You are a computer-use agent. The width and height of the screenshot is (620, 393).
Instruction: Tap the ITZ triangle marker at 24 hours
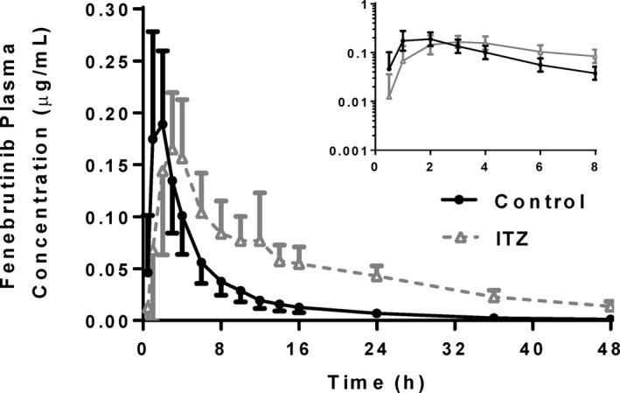[x=377, y=276]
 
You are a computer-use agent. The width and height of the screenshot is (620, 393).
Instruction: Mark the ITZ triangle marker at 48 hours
[x=609, y=306]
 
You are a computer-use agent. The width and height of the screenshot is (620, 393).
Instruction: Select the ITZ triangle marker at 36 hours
[x=493, y=297]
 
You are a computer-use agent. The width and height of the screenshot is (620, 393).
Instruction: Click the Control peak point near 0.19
[x=163, y=124]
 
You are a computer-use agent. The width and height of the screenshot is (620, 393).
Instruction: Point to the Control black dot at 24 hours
[x=377, y=313]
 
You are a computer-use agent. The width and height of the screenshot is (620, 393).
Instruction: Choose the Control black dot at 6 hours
[x=201, y=263]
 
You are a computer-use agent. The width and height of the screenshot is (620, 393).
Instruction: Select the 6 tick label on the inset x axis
[x=540, y=165]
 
